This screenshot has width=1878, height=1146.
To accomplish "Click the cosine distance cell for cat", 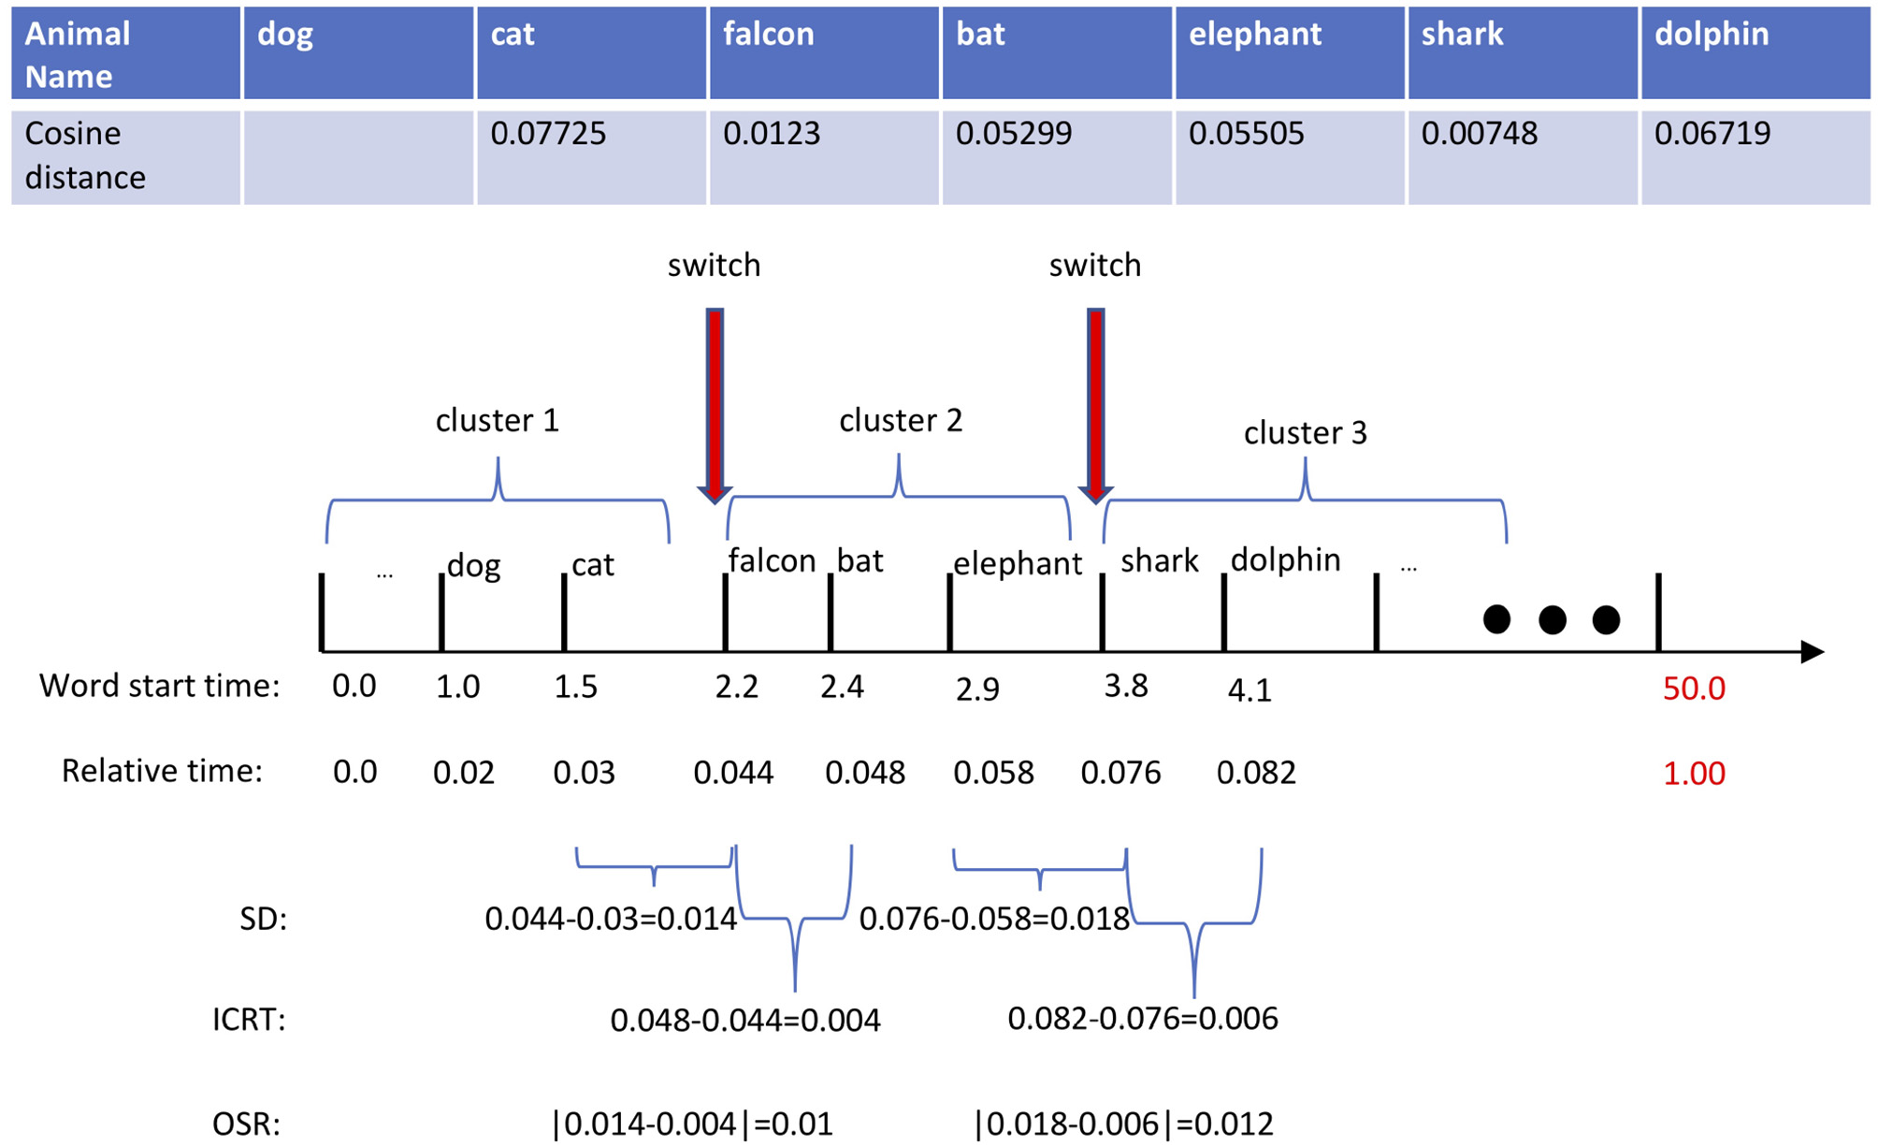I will coord(590,155).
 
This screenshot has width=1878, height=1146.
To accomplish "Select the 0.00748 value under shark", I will coord(1479,134).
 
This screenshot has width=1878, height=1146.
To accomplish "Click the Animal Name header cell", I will coord(124,53).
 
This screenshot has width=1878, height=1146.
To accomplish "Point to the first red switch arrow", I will coord(715,402).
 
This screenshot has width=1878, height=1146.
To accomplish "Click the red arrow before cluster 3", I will coord(1095,402).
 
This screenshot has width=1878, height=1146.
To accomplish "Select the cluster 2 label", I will coord(900,421).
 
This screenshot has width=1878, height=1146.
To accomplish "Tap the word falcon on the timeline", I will coord(772,561).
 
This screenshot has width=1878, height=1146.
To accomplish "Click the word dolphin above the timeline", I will coord(1285,559).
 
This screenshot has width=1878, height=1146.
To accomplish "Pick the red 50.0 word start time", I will coord(1693,689).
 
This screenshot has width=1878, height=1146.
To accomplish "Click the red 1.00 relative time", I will coord(1693,774).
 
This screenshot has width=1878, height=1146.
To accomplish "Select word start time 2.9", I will coord(977,689).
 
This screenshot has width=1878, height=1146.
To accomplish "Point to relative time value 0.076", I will coord(1120,773).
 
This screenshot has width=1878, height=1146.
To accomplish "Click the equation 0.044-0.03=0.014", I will coord(610,919).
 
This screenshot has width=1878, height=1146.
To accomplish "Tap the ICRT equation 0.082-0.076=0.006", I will coord(1142,1018).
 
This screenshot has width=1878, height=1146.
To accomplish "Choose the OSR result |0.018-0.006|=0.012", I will coord(1123,1124).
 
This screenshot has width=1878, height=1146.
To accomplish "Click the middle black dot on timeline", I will coord(1552,619).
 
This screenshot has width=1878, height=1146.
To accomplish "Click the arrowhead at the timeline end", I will coord(1812,652).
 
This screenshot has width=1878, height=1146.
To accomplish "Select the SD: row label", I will coord(263,919).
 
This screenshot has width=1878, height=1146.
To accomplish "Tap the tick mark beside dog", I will coord(441,613).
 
